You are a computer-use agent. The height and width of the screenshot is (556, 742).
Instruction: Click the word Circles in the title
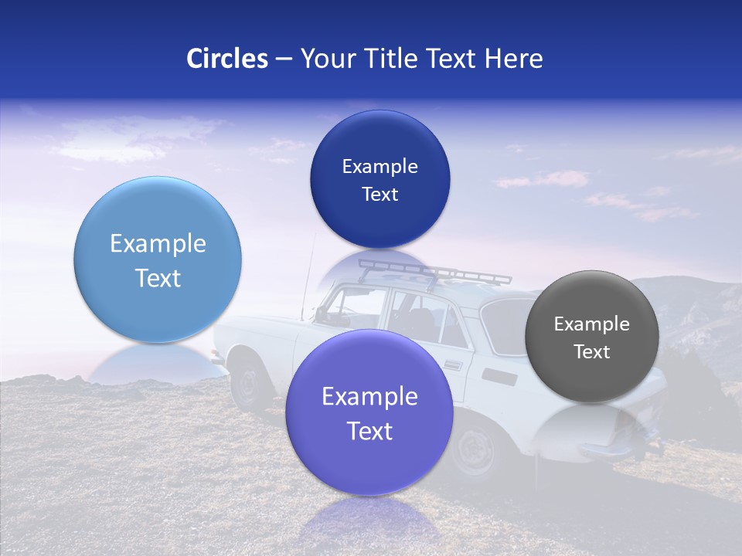(x=226, y=59)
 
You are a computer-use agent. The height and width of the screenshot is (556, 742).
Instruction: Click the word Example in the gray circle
(x=592, y=324)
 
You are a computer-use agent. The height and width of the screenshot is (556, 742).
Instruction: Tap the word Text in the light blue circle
(x=158, y=278)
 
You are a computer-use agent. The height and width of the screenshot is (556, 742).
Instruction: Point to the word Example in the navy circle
(x=380, y=167)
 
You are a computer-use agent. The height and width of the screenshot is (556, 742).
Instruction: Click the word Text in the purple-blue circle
(x=369, y=431)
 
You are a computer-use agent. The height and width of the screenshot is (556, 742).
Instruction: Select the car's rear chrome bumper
(x=611, y=449)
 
